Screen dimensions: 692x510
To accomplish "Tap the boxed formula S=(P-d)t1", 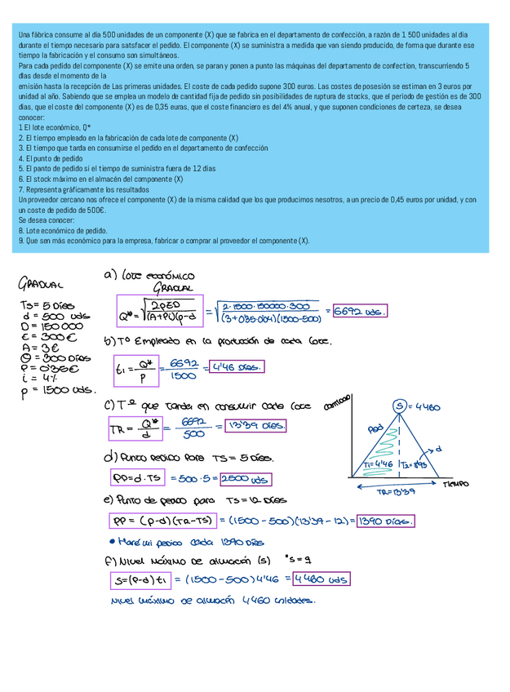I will pos(139,579).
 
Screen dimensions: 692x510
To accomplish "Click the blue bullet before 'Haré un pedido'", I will pos(111,540).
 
